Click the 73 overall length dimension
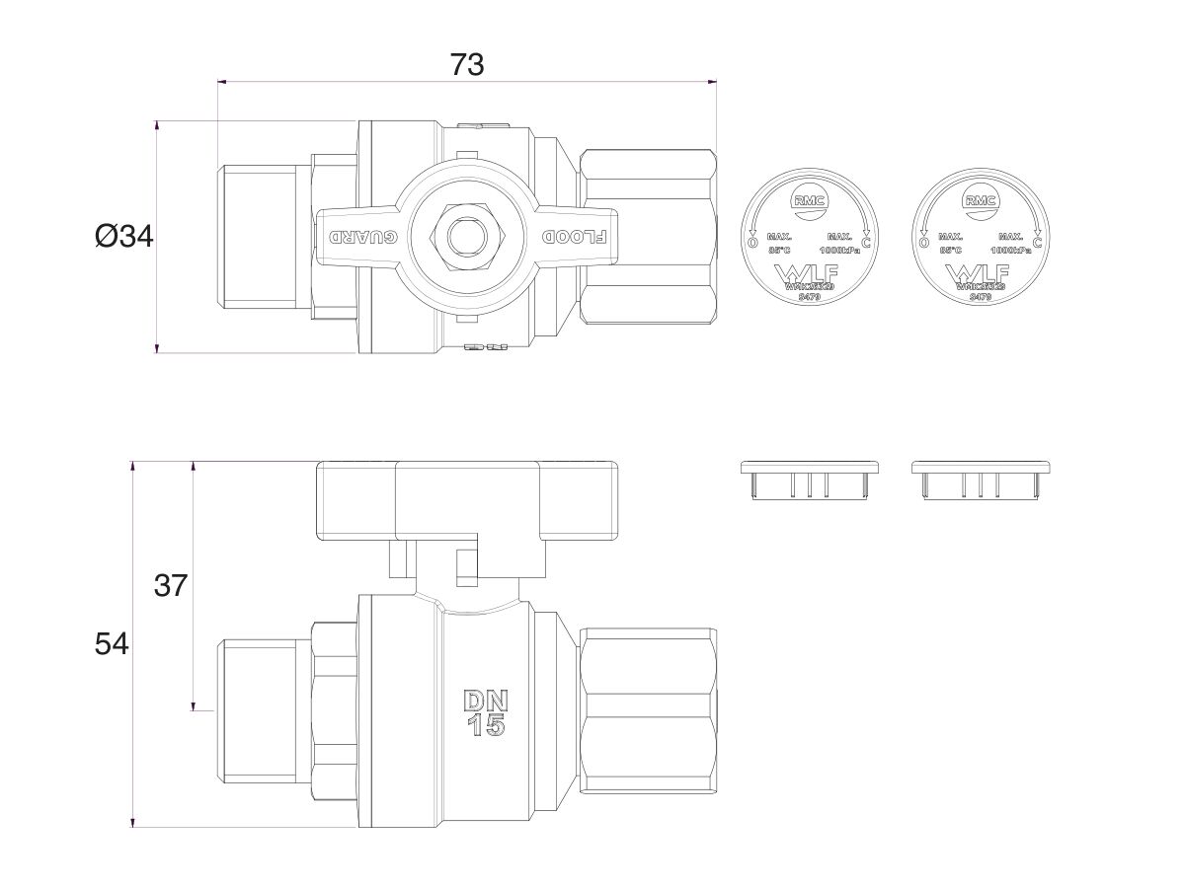pos(467,64)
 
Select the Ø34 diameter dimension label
pos(124,237)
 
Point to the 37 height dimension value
pos(171,585)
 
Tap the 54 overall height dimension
pos(112,644)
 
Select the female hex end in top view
pos(647,237)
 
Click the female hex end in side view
pos(647,709)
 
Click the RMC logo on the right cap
pos(980,201)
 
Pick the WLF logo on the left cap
pos(807,273)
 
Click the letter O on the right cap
pos(923,242)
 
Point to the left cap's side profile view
pos(809,480)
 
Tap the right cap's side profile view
pos(981,480)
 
